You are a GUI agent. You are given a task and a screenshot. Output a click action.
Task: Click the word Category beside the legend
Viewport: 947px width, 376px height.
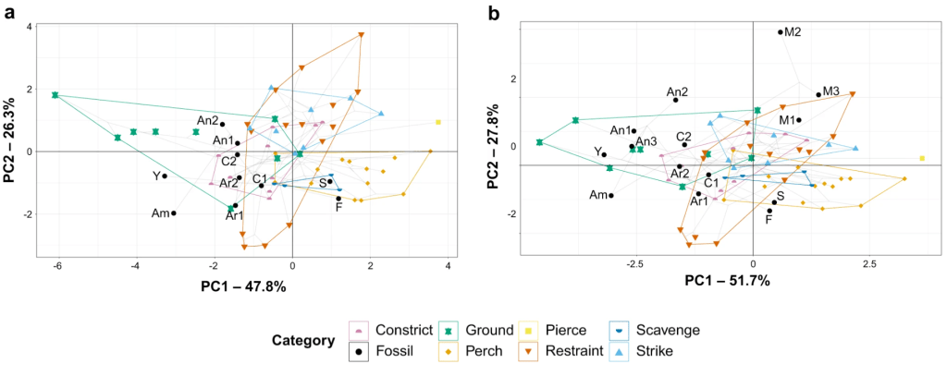coord(302,340)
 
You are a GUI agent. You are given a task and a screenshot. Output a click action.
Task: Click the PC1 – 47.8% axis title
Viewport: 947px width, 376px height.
coord(243,286)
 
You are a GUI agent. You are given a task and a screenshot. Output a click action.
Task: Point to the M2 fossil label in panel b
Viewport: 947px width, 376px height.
coord(792,32)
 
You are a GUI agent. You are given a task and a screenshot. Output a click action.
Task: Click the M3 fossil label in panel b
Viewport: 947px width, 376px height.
coord(830,91)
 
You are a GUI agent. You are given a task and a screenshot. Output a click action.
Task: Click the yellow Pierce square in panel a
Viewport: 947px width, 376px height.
coord(438,122)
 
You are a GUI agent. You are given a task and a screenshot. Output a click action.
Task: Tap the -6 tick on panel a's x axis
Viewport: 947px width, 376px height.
coord(58,267)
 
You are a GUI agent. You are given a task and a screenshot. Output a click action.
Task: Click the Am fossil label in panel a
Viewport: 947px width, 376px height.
coord(159,213)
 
